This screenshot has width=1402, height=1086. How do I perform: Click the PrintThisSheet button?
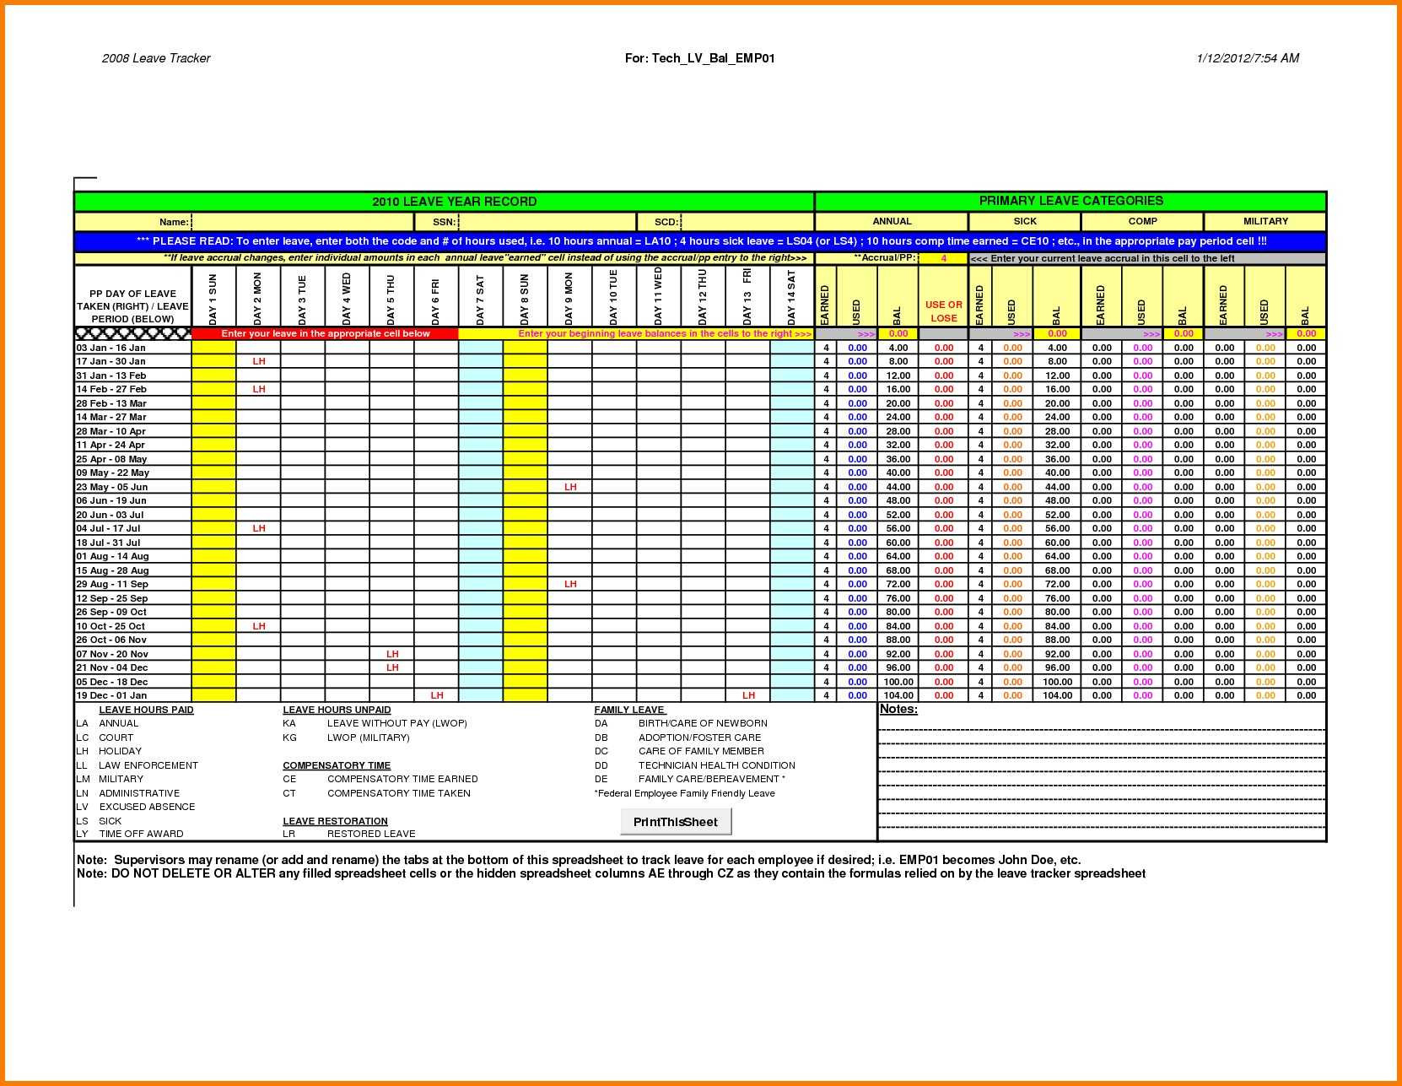click(x=675, y=822)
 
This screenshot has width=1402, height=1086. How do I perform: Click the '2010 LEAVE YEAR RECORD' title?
click(x=454, y=202)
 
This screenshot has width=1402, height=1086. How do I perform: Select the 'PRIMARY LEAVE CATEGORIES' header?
click(x=1070, y=201)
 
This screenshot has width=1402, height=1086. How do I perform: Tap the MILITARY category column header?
click(x=1264, y=221)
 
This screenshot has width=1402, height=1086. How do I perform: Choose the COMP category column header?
click(x=1142, y=221)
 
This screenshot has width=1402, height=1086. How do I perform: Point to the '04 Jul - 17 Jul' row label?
click(x=109, y=528)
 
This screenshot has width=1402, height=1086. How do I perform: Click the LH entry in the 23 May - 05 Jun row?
click(x=570, y=487)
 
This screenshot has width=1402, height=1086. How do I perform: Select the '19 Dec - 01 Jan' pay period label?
click(x=111, y=695)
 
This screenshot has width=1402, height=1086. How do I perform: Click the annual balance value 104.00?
click(x=898, y=695)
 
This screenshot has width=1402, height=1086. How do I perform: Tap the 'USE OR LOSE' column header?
click(x=943, y=311)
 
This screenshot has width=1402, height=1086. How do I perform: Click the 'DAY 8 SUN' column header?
click(x=525, y=298)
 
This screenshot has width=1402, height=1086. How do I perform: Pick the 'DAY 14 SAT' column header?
click(x=791, y=298)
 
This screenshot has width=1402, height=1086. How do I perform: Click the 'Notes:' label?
click(x=898, y=710)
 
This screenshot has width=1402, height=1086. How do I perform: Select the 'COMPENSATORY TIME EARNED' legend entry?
click(x=402, y=779)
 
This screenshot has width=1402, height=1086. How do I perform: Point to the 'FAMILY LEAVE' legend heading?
click(x=629, y=710)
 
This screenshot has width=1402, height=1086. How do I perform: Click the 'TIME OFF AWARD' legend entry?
click(x=141, y=834)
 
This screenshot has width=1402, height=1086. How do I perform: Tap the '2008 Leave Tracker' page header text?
click(x=156, y=58)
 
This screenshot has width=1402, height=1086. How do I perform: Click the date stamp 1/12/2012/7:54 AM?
click(x=1247, y=58)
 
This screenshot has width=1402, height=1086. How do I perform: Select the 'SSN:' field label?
click(x=444, y=222)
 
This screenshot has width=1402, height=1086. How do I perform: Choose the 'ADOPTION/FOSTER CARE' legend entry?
click(x=699, y=738)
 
